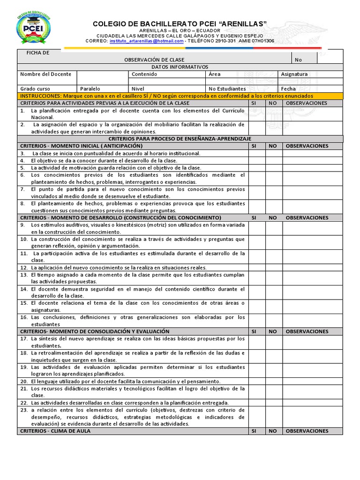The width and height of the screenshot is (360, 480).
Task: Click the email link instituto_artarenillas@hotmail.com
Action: pos(147,41)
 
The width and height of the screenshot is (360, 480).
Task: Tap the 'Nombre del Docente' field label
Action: pos(46,74)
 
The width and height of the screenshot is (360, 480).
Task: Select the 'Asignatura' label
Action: pos(294,74)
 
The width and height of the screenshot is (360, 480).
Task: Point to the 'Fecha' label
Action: pos(288,89)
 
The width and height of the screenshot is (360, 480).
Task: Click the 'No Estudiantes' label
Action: pos(227,89)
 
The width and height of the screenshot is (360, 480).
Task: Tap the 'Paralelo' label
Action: pos(90,89)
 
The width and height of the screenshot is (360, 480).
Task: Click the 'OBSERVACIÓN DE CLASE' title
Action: pos(154,60)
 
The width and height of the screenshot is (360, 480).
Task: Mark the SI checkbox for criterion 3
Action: pos(256,153)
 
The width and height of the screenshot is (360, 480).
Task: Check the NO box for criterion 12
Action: pos(274,267)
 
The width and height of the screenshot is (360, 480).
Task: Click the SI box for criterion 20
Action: pos(256,382)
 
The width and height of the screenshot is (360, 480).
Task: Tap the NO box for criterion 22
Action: pos(274,403)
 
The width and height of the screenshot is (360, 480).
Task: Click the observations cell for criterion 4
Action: pos(312,160)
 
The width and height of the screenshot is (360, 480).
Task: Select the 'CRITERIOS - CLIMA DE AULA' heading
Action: pos(56,431)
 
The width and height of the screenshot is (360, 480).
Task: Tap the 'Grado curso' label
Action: pos(35,89)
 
